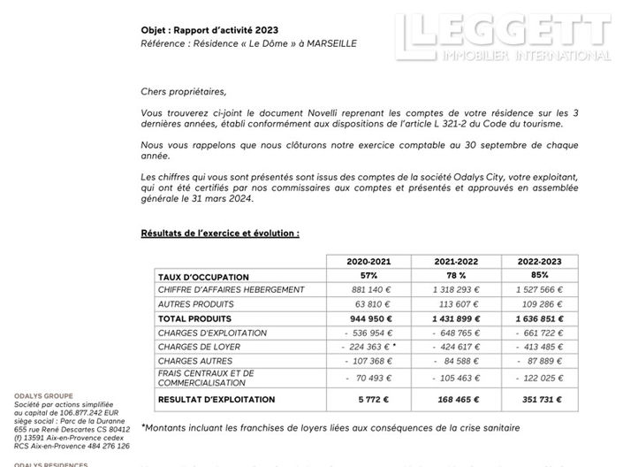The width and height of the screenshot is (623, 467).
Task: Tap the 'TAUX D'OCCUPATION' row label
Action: pyautogui.click(x=203, y=278)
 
